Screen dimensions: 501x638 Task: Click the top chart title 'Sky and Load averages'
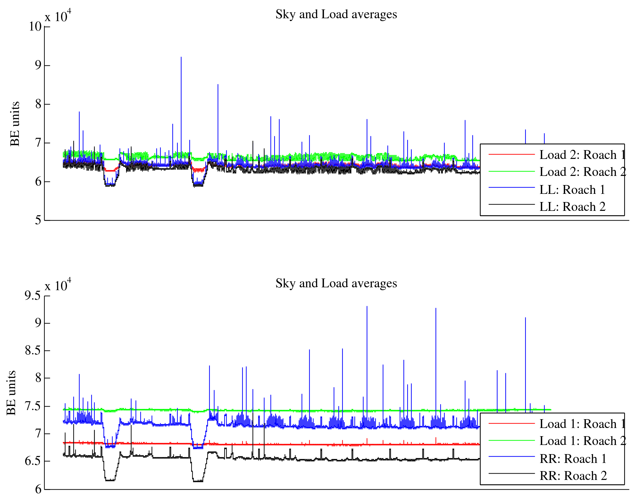click(336, 14)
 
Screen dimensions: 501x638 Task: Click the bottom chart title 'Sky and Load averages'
click(336, 284)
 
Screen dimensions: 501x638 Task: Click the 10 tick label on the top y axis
click(35, 27)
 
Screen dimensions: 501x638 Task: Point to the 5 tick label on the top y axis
click(38, 220)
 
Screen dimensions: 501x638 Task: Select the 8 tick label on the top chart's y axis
click(38, 104)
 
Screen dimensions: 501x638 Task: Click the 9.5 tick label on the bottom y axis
click(33, 296)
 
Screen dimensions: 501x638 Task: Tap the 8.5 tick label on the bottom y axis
click(33, 351)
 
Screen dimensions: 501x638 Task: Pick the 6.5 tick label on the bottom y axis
click(33, 461)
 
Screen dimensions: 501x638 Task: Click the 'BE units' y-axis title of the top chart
click(15, 124)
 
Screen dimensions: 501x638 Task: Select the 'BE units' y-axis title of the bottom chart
click(11, 393)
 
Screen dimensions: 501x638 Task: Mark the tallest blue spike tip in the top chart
click(181, 57)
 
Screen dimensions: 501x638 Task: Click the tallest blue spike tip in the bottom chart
click(367, 307)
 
